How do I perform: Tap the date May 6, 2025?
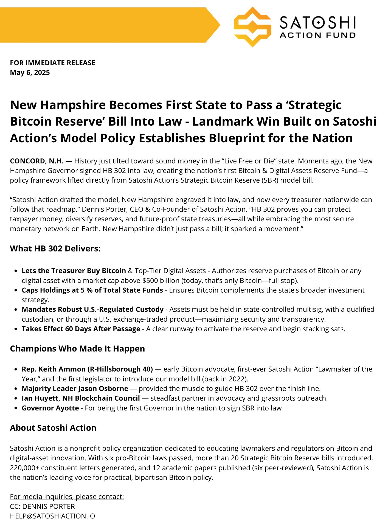pyautogui.click(x=30, y=73)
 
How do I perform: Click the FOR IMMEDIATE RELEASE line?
pyautogui.click(x=52, y=63)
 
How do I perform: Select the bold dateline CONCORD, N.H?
pyautogui.click(x=37, y=161)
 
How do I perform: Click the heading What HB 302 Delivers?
pyautogui.click(x=55, y=248)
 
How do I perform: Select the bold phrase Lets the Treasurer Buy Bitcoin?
pyautogui.click(x=74, y=271)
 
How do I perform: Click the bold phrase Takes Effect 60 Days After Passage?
pyautogui.click(x=81, y=329)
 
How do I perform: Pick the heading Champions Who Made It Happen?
pyautogui.click(x=77, y=348)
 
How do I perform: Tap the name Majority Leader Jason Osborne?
pyautogui.click(x=75, y=389)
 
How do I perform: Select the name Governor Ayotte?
pyautogui.click(x=50, y=408)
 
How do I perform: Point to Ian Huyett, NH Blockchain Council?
pyautogui.click(x=81, y=398)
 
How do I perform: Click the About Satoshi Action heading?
pyautogui.click(x=53, y=428)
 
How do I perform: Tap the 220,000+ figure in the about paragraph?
pyautogui.click(x=24, y=468)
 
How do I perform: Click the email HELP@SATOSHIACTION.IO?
pyautogui.click(x=52, y=516)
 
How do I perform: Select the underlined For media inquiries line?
pyautogui.click(x=67, y=497)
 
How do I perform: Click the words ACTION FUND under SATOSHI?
pyautogui.click(x=317, y=35)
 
